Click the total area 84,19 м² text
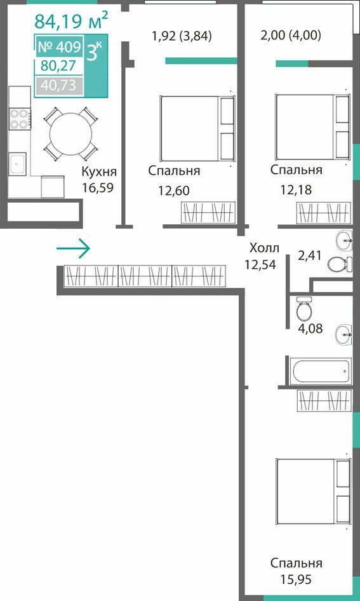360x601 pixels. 71,21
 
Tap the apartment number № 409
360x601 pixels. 59,47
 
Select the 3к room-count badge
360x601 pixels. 95,51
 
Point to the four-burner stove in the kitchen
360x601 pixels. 20,119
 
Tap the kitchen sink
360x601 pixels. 18,164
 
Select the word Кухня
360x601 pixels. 99,172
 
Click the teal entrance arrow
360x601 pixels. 73,249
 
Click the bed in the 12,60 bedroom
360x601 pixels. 197,128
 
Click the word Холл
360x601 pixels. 264,248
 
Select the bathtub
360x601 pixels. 320,371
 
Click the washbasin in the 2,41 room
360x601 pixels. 344,240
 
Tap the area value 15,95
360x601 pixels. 296,579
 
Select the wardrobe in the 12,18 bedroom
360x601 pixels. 324,213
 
